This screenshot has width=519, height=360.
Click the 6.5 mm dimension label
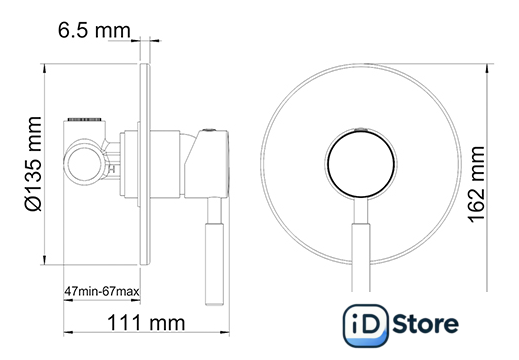pos(94,30)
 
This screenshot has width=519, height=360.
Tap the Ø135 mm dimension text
pos(33,164)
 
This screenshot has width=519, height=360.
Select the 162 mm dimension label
pos(476,184)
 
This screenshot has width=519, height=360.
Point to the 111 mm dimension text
pos(146,323)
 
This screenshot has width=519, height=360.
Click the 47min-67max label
pos(102,291)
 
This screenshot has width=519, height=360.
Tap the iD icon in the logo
pos(366,326)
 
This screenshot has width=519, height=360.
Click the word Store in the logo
pos(426,324)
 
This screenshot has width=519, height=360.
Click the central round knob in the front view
pos(361,164)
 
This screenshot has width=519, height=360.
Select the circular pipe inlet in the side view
pos(84,164)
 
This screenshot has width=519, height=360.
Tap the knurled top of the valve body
pos(85,119)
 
